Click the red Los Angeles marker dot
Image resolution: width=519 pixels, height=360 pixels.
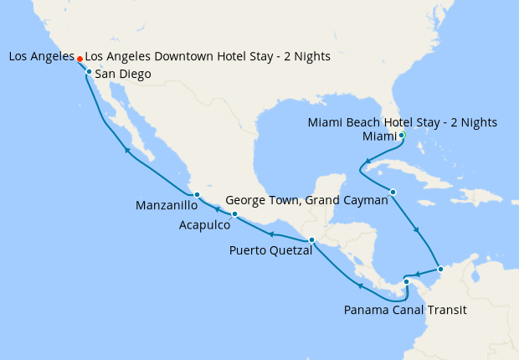[x=80, y=59]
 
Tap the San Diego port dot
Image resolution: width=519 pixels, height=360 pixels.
[x=89, y=72]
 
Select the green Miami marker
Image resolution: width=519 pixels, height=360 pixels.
[x=402, y=135]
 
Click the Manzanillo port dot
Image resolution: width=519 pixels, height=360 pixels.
[x=196, y=195]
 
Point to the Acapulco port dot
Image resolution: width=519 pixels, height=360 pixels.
[x=234, y=214]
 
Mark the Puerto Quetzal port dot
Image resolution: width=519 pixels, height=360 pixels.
[x=311, y=240]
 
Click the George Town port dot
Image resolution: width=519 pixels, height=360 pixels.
[x=393, y=193]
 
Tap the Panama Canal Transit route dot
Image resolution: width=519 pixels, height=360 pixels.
[x=406, y=281]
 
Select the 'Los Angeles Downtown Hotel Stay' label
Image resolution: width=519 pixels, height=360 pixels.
[x=208, y=56]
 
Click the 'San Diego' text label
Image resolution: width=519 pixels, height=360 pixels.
[x=123, y=75]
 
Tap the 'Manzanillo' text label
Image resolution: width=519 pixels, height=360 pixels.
[x=166, y=205]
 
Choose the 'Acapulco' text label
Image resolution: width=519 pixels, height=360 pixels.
[x=206, y=224]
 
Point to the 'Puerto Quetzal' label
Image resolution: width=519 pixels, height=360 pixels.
[x=270, y=249]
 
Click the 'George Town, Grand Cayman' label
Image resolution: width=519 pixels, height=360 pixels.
[x=307, y=201]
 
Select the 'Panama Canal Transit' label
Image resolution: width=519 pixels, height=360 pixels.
[x=404, y=310]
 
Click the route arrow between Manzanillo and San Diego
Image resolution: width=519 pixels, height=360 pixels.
[x=126, y=150]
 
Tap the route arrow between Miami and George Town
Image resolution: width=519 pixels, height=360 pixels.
[x=367, y=161]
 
